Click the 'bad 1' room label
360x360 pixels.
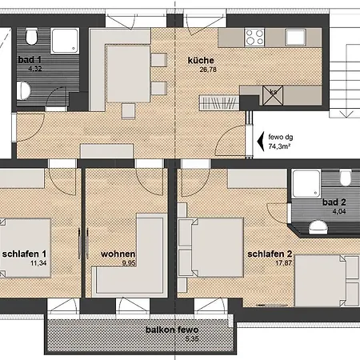click(x=30, y=60)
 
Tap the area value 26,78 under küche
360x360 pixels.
click(x=208, y=70)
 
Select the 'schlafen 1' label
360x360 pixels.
click(x=24, y=254)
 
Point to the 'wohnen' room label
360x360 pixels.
click(x=118, y=254)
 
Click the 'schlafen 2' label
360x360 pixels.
click(x=270, y=254)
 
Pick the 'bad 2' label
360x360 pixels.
click(x=334, y=202)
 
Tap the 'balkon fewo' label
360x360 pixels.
click(x=172, y=330)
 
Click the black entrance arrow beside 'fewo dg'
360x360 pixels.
click(x=261, y=142)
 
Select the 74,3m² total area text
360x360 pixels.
click(x=279, y=146)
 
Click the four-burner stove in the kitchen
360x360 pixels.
click(x=254, y=37)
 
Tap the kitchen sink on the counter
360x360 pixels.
click(x=295, y=38)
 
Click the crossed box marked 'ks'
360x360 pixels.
click(x=273, y=95)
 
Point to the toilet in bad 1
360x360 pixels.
click(x=31, y=37)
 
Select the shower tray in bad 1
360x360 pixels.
click(x=65, y=41)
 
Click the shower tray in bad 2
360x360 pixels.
click(x=306, y=184)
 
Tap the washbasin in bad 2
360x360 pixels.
click(x=318, y=226)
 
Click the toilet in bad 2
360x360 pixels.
click(x=346, y=178)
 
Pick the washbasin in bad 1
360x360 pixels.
click(x=23, y=90)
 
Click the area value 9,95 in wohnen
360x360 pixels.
click(x=129, y=263)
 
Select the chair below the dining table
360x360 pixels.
click(x=128, y=111)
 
